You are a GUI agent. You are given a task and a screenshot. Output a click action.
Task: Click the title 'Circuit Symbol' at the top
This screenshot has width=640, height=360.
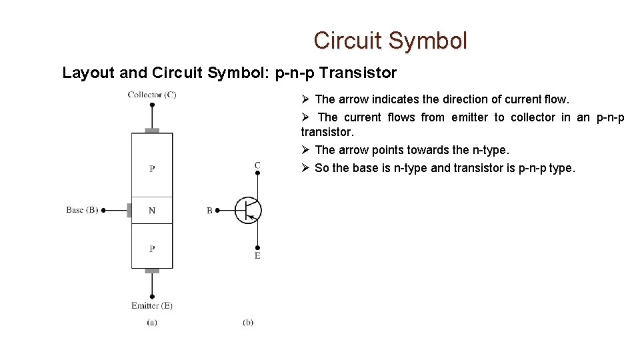click(391, 41)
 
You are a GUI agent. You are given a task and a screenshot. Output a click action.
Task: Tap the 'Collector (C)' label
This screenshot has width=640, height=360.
click(152, 95)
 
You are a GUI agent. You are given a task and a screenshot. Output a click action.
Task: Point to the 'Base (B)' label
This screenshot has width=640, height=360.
click(82, 210)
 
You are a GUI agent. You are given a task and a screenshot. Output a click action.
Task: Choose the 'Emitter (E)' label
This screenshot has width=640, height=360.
click(152, 306)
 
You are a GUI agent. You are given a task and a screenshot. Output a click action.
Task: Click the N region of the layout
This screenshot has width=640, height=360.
click(152, 211)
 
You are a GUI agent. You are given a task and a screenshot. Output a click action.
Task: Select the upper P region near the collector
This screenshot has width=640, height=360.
click(152, 168)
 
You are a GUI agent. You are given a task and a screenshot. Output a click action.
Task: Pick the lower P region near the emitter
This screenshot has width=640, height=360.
click(152, 249)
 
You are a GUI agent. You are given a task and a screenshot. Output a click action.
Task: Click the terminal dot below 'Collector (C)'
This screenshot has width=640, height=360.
click(152, 105)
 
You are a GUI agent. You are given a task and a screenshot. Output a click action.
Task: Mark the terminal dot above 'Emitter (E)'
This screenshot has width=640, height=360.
click(152, 296)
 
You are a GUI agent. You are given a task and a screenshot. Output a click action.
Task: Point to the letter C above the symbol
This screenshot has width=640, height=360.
click(257, 165)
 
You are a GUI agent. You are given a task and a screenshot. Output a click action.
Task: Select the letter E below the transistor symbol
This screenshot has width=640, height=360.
click(257, 256)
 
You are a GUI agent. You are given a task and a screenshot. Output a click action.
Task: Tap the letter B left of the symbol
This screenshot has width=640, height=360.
click(209, 211)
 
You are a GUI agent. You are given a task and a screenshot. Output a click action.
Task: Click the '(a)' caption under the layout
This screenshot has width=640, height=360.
click(152, 323)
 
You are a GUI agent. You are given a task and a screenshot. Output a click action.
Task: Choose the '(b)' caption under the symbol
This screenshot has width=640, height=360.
click(248, 323)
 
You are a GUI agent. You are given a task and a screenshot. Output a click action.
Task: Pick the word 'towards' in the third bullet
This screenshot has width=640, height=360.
click(429, 150)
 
